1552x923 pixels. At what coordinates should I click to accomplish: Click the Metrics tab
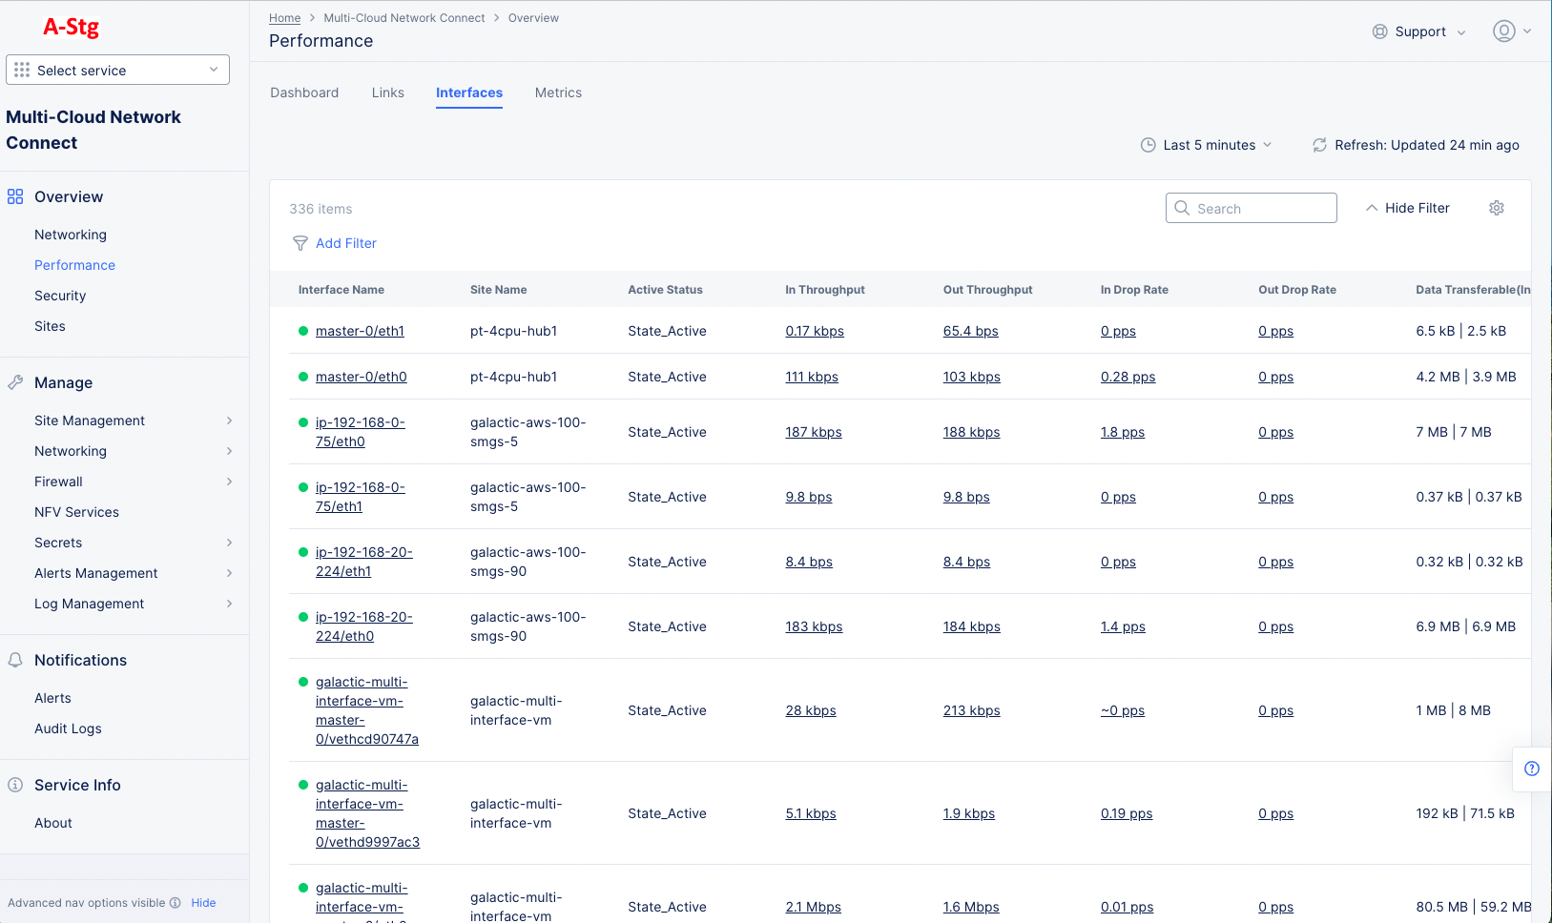[x=558, y=92]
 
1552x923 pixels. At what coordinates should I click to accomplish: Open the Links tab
[x=387, y=92]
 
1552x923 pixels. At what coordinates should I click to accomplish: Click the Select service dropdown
[x=117, y=70]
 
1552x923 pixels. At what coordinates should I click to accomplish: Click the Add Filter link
[x=345, y=243]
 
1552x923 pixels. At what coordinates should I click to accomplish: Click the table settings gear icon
[x=1496, y=208]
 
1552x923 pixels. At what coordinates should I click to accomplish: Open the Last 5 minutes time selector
[x=1207, y=145]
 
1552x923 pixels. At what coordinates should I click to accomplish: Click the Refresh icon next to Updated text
[x=1319, y=145]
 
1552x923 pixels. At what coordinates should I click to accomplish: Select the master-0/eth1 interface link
[x=360, y=331]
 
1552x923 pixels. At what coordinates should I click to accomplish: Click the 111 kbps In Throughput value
[x=811, y=377]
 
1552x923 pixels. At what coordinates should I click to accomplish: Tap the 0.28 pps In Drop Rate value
[x=1128, y=377]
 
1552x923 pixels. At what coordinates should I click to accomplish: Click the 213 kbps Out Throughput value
[x=971, y=710]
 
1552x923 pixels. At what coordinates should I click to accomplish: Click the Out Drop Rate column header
[x=1296, y=290]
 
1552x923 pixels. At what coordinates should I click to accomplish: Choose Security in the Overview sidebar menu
[x=60, y=296]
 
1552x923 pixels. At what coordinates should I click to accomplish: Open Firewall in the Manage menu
[x=58, y=482]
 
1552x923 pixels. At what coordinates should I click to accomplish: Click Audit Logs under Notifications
[x=68, y=728]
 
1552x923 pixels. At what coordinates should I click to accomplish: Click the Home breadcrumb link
[x=284, y=18]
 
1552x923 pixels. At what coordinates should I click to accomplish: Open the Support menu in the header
[x=1419, y=31]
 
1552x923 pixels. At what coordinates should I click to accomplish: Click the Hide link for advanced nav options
[x=203, y=903]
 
